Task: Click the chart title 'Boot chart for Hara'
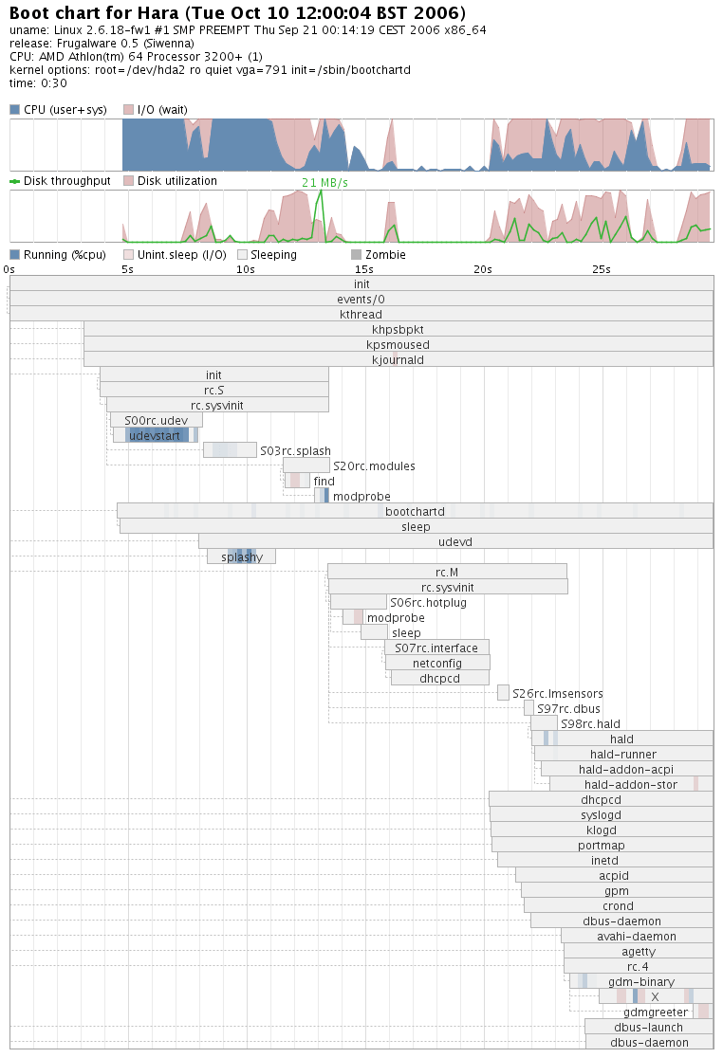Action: (237, 13)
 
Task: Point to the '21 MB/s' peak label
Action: (324, 182)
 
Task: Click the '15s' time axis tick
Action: (364, 269)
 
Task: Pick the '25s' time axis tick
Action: (602, 269)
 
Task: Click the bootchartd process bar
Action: (415, 511)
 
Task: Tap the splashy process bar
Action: (242, 556)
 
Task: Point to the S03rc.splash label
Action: (295, 450)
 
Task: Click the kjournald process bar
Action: (399, 359)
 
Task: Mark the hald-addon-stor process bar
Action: (630, 784)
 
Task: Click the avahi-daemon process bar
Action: (637, 936)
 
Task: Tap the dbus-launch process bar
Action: (648, 1027)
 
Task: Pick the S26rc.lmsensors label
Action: (557, 693)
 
